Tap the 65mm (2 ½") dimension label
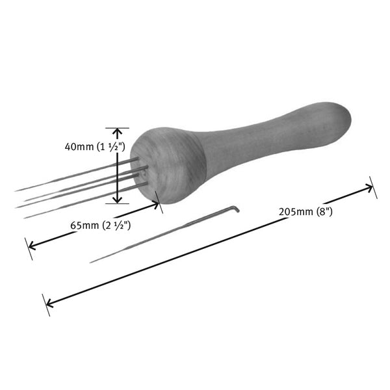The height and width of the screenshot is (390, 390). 101,226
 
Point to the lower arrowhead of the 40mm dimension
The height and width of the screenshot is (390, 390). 117,200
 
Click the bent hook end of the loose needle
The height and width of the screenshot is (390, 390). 237,209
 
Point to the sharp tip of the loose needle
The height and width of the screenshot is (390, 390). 91,262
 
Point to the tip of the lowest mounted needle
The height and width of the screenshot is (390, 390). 25,217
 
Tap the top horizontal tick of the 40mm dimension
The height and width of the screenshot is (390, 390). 117,128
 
